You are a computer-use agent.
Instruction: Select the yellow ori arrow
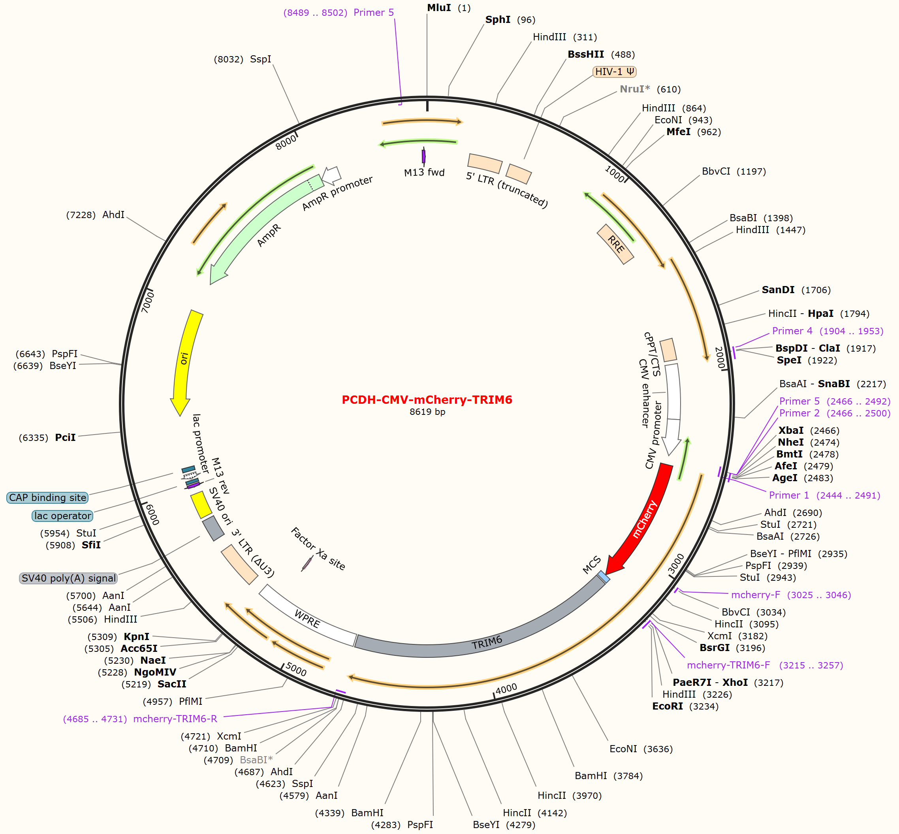184,361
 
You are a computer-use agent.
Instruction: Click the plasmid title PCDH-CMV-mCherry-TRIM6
427,400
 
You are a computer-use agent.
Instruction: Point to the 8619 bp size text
427,412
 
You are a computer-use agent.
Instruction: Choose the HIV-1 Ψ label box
615,72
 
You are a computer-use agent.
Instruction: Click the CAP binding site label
47,497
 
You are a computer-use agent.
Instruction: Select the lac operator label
63,516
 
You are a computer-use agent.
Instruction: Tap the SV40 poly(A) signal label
69,578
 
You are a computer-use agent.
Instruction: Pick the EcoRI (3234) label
685,706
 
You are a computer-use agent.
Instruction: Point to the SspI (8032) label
243,59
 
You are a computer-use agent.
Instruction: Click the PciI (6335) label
47,437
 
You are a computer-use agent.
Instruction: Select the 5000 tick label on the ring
296,669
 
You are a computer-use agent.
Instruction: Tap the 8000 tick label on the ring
286,142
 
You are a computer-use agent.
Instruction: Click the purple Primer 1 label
824,495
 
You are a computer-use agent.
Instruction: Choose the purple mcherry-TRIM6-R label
140,719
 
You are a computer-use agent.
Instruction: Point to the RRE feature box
615,244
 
